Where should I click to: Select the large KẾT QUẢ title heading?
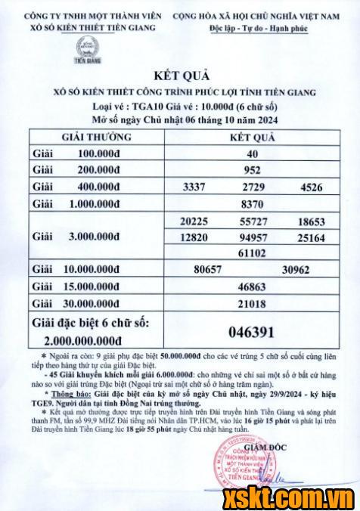pyautogui.click(x=179, y=76)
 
